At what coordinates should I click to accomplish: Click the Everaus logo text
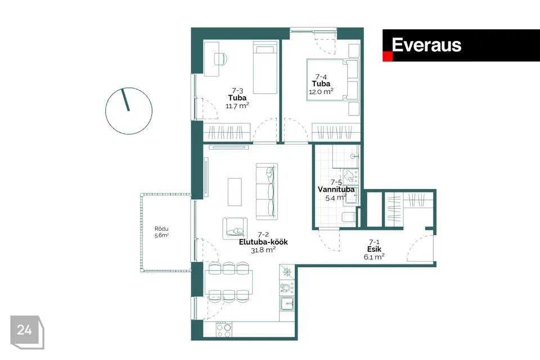[426, 45]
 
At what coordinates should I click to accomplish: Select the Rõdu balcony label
[161, 228]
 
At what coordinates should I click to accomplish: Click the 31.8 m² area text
[263, 250]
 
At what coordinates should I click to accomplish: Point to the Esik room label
[374, 249]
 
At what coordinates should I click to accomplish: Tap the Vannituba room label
[336, 190]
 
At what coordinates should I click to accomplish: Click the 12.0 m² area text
[321, 92]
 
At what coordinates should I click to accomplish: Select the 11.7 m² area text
[237, 106]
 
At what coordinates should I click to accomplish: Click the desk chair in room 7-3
[220, 58]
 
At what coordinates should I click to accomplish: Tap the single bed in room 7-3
[265, 67]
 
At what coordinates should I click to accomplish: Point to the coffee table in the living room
[235, 192]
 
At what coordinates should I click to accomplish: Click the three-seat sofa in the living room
[267, 192]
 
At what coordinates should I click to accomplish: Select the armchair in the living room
[235, 228]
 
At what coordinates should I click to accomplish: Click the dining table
[229, 282]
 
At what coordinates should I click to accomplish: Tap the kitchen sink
[287, 304]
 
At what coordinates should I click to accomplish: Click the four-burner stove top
[224, 330]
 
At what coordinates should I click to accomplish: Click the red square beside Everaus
[388, 56]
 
